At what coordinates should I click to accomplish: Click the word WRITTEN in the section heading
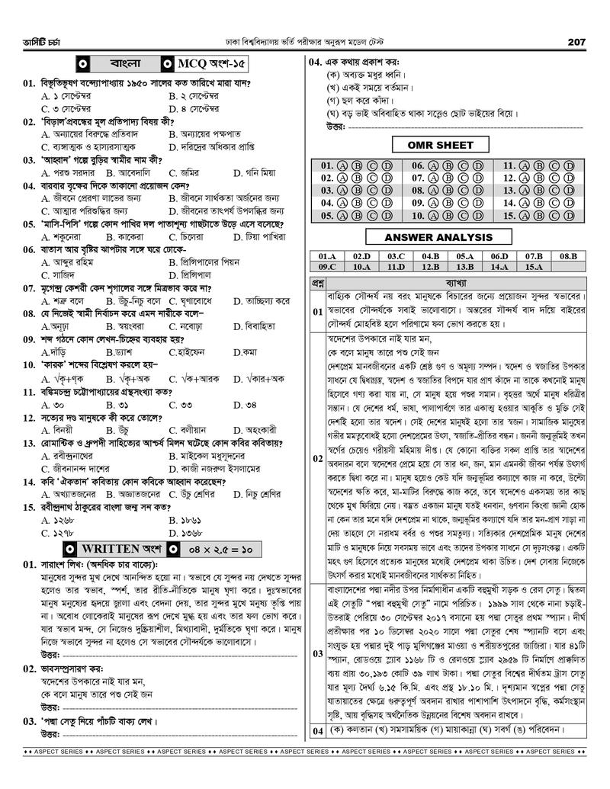click(x=111, y=548)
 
